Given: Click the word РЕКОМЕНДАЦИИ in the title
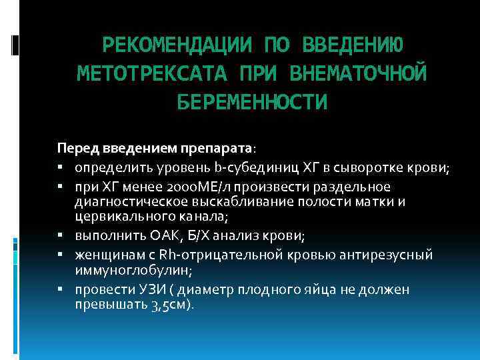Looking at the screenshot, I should click(177, 46).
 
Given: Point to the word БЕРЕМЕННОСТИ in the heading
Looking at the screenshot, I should click(252, 102).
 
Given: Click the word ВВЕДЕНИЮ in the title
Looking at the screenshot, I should click(352, 46).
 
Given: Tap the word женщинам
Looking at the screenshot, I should click(107, 254).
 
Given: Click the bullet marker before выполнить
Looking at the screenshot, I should click(61, 235).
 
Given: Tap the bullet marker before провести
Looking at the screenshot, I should click(61, 289).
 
